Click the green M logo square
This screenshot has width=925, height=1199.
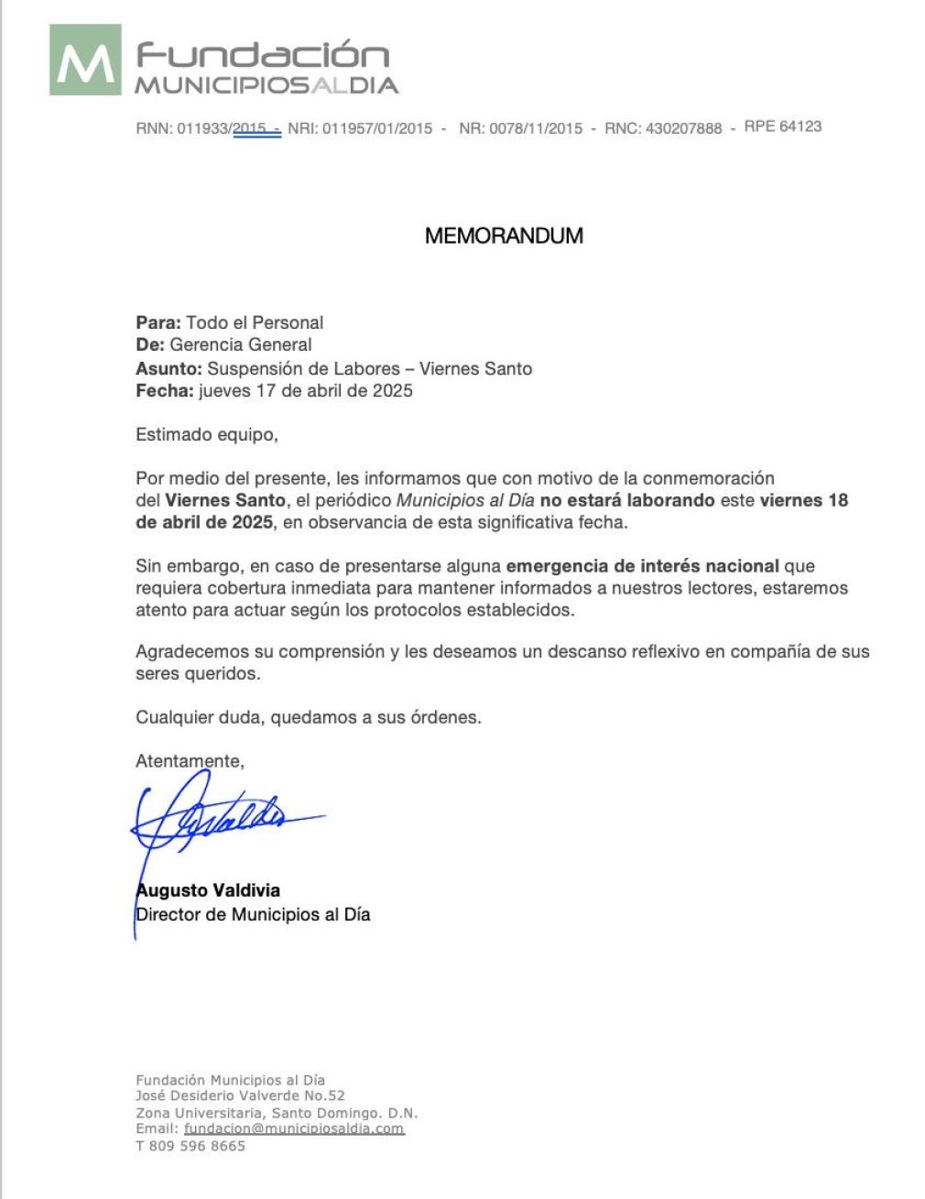tap(85, 60)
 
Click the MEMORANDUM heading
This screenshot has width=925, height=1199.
tap(504, 235)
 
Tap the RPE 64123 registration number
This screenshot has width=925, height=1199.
tap(782, 126)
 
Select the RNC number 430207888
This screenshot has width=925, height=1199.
tap(683, 128)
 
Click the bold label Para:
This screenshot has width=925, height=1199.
tap(158, 322)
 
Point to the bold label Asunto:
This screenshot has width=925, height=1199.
tap(169, 368)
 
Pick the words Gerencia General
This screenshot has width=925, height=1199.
tap(241, 344)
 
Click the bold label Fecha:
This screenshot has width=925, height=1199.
tap(165, 390)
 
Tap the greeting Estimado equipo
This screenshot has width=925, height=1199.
tap(206, 434)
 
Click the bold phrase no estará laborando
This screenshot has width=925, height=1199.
tap(626, 500)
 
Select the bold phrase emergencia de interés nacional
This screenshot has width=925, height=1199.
tap(642, 566)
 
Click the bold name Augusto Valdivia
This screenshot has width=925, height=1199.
tap(209, 890)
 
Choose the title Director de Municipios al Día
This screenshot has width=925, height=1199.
tap(254, 914)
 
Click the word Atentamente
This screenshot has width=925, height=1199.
tap(190, 760)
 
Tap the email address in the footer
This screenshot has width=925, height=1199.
tap(293, 1128)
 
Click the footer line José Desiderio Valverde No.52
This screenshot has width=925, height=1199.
tap(240, 1095)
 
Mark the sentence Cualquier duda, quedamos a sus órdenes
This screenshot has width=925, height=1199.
tap(309, 717)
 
